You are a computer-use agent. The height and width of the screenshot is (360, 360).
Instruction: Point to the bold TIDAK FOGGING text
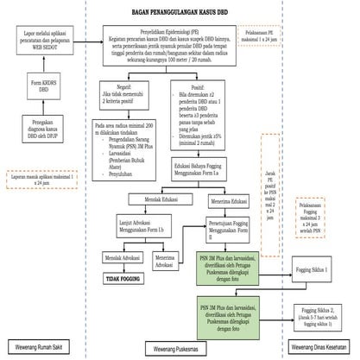(123, 280)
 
